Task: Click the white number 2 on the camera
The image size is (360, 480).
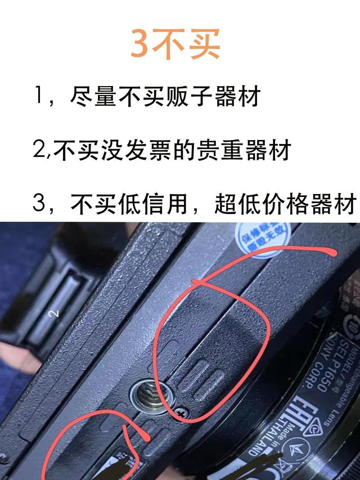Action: [x=55, y=313]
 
